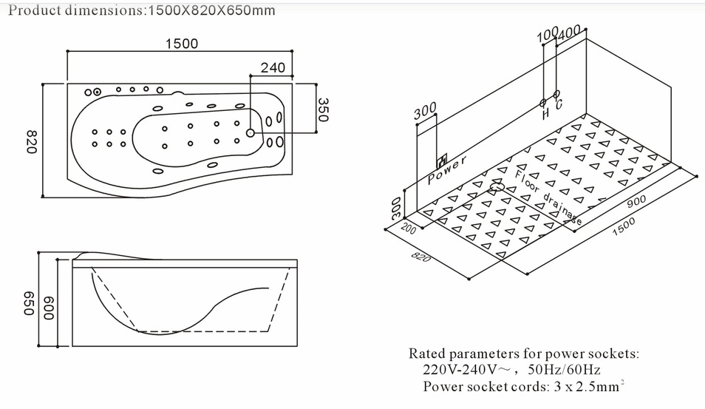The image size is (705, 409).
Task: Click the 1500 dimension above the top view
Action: (181, 44)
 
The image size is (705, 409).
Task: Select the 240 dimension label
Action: (273, 68)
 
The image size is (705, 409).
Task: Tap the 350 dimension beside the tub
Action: (323, 109)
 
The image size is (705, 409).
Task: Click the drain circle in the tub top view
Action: (251, 133)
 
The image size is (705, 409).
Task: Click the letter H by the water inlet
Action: (545, 115)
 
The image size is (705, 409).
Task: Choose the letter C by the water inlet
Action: (558, 105)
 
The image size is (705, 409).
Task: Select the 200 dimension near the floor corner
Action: (409, 230)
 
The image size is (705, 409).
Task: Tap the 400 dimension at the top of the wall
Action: (570, 33)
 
